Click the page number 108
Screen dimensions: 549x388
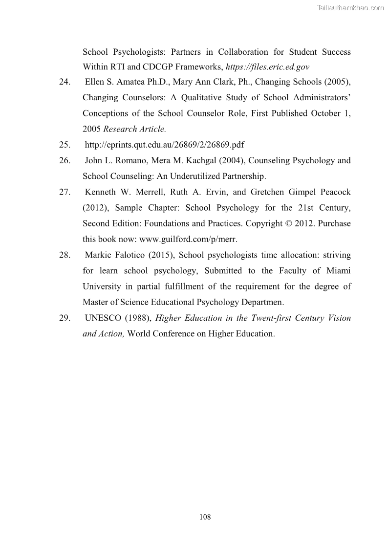pyautogui.click(x=205, y=517)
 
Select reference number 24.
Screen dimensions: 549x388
pyautogui.click(x=65, y=82)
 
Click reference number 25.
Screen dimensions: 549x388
pyautogui.click(x=65, y=145)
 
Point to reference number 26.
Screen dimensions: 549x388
pyautogui.click(x=65, y=160)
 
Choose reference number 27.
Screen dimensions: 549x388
pyautogui.click(x=65, y=192)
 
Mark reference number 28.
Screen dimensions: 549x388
pyautogui.click(x=65, y=255)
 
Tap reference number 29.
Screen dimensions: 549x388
pyautogui.click(x=65, y=318)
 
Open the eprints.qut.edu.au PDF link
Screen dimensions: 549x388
pyautogui.click(x=165, y=145)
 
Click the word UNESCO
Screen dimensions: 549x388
pyautogui.click(x=103, y=318)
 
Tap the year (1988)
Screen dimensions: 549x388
pyautogui.click(x=138, y=318)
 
